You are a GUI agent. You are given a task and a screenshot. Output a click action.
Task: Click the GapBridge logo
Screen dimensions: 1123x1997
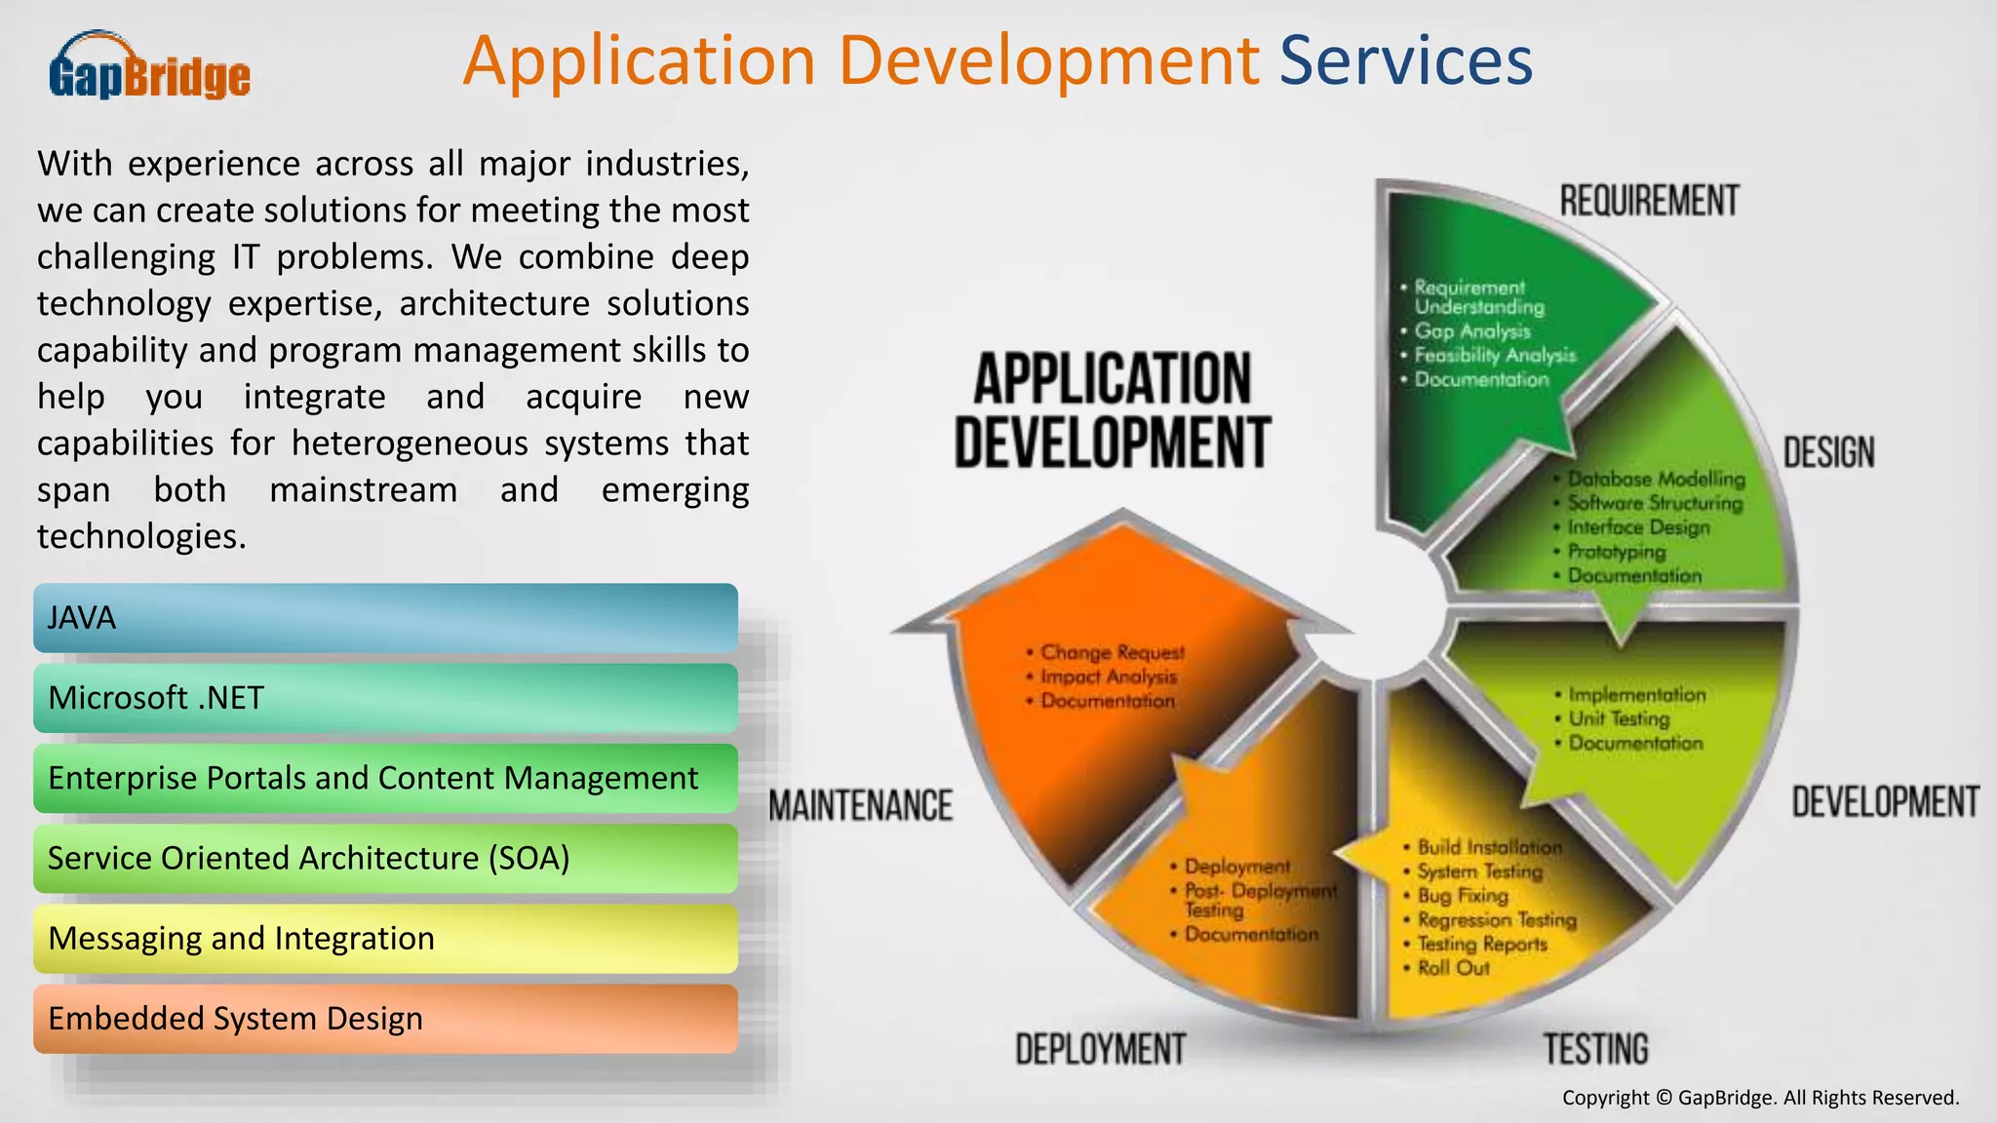pos(149,66)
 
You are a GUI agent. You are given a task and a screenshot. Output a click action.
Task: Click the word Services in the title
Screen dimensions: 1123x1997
pos(1405,61)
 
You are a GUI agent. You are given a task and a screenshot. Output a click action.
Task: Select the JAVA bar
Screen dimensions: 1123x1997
pos(385,618)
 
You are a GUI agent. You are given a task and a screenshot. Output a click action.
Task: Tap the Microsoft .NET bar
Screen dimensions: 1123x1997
pos(385,698)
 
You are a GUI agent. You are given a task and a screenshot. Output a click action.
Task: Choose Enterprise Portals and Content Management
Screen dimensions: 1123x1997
pos(385,778)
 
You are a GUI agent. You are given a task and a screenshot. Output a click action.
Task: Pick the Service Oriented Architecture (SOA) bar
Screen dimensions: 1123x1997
pos(385,858)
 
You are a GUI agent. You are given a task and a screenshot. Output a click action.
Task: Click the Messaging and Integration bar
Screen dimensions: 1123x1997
pos(385,938)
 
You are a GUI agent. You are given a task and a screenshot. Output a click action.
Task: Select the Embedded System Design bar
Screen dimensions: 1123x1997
pos(385,1018)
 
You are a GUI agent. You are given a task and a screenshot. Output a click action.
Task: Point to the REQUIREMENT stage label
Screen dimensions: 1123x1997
pos(1649,201)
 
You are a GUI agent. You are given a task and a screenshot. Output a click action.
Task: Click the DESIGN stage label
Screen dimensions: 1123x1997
pos(1828,452)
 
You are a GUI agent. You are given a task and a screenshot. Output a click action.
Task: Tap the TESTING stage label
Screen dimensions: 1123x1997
pos(1595,1049)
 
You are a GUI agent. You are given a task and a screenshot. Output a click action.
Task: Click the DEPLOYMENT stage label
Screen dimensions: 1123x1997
pos(1100,1049)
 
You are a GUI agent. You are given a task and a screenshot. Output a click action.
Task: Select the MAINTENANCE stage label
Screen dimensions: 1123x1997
pos(861,806)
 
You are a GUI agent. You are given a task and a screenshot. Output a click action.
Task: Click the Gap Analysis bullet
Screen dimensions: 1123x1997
pos(1471,331)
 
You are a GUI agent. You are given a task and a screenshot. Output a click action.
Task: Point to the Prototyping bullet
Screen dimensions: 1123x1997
pos(1616,552)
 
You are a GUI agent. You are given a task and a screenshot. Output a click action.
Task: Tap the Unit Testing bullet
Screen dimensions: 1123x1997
pos(1619,718)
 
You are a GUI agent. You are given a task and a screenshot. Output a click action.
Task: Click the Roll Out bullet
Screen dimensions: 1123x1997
pos(1453,968)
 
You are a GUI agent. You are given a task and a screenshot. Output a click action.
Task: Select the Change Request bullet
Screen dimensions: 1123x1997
pos(1112,652)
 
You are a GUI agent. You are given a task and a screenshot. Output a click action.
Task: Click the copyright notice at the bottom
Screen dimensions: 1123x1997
pos(1760,1098)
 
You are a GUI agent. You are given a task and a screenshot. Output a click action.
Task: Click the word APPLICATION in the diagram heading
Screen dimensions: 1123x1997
pos(1112,379)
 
